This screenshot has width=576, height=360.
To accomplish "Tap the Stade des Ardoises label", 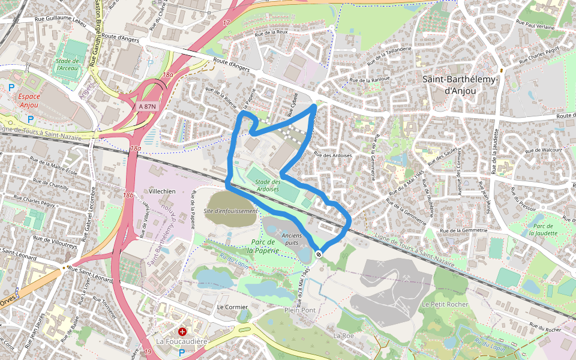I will pos(267,185).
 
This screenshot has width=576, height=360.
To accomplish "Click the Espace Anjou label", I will pos(28,100).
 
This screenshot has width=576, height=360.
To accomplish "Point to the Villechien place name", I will pos(162,190).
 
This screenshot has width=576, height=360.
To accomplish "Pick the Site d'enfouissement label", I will pos(231,211).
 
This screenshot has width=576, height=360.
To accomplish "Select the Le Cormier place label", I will pos(232,307).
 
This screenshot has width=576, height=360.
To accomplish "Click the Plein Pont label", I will pos(299,310).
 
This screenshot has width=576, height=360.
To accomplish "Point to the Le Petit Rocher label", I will pos(445,304).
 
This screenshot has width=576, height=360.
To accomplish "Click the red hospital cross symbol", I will pos(182,331).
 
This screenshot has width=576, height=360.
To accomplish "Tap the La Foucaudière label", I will pos(182,341).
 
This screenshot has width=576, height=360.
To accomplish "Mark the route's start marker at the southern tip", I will pos(319,254).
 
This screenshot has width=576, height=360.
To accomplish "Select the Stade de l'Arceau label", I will pos(68,64).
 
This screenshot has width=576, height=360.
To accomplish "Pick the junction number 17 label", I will pos(226,23).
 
